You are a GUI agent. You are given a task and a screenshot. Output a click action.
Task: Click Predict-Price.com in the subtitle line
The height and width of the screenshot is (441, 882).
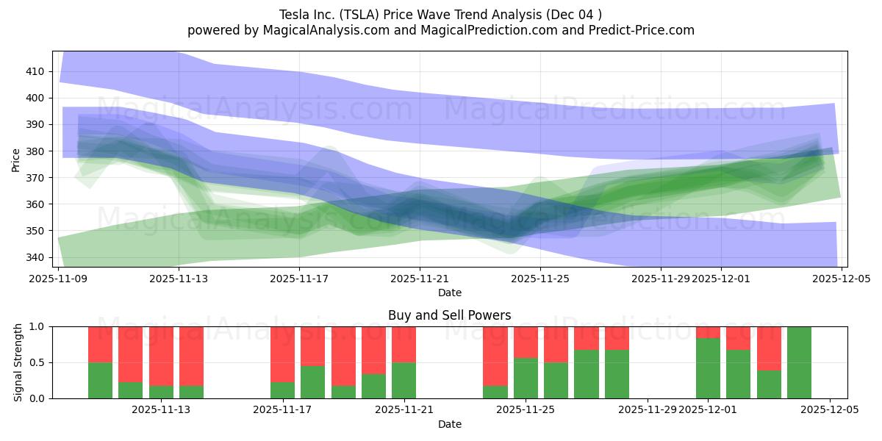tap(644, 30)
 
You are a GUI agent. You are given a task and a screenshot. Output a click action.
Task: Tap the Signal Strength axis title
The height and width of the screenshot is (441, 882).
tap(18, 362)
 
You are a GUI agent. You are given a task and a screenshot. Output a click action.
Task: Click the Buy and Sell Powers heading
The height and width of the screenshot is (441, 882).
tap(449, 315)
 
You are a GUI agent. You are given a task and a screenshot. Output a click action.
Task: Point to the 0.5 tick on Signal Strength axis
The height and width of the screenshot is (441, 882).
tap(37, 362)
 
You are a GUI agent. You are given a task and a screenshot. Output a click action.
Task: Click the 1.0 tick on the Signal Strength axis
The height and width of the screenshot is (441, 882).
tap(37, 326)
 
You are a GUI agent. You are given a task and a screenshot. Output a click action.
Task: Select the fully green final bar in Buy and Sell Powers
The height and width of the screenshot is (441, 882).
tap(799, 362)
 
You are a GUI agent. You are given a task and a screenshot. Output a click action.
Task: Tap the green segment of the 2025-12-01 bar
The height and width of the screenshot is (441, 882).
tap(708, 368)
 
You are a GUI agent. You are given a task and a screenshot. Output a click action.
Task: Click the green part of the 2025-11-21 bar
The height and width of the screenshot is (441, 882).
tap(404, 380)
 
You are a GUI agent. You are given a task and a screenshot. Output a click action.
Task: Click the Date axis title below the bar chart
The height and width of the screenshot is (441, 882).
tap(449, 424)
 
